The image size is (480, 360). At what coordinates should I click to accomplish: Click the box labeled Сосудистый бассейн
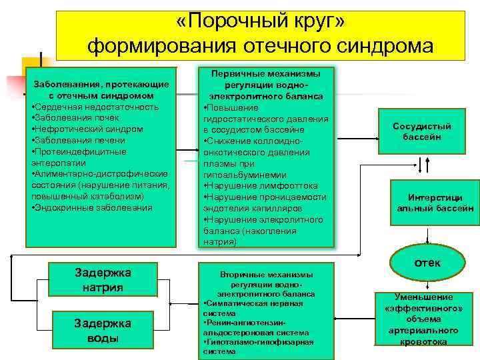click(x=422, y=131)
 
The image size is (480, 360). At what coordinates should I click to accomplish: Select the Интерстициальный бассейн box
click(x=435, y=203)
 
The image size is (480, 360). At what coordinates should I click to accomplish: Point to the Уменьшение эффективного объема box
click(x=423, y=319)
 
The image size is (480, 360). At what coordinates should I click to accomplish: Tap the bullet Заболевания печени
click(x=79, y=140)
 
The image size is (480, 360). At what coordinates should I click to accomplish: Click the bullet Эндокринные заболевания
click(x=92, y=207)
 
